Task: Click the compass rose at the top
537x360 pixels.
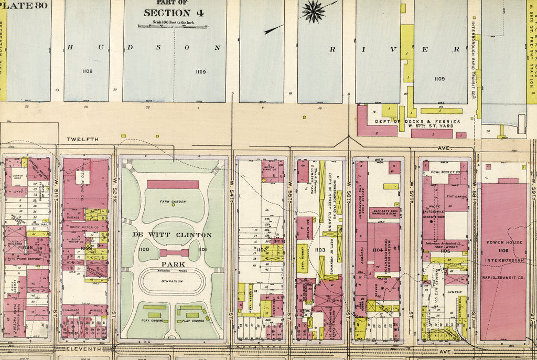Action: pos(313,12)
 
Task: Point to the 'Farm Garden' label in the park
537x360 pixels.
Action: pos(173,200)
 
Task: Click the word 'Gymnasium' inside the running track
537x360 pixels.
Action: pos(173,281)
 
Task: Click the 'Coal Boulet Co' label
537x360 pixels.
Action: pos(445,172)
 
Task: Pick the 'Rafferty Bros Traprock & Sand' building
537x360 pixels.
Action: pos(384,213)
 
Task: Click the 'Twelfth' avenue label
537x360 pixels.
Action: pos(82,139)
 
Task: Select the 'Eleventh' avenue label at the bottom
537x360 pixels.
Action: pos(82,349)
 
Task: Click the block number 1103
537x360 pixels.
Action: pos(320,250)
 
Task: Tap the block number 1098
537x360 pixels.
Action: pos(27,247)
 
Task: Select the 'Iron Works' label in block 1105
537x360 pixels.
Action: pos(445,247)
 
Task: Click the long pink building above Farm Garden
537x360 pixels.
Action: pos(173,184)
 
